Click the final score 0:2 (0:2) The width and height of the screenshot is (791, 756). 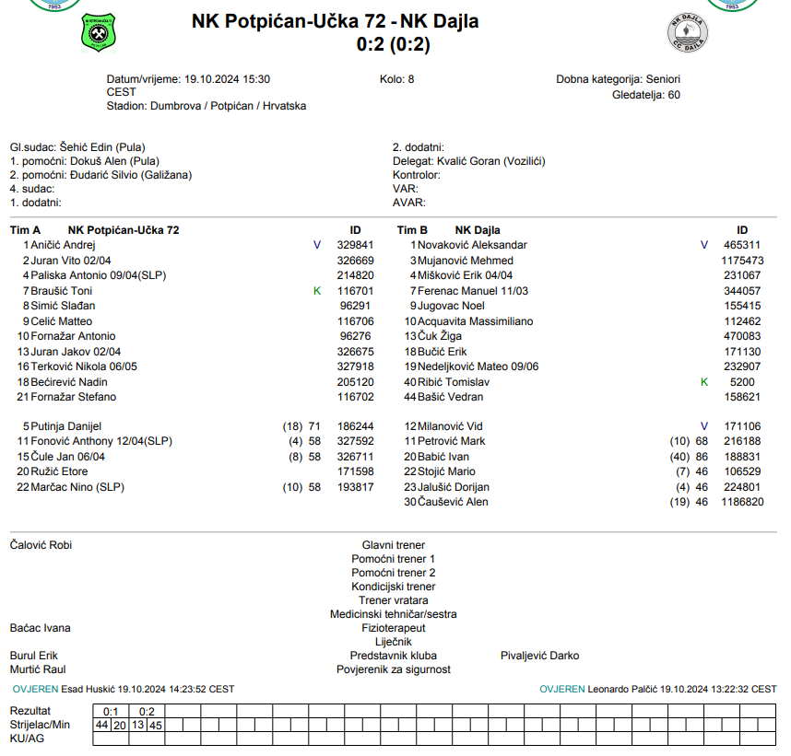coord(393,43)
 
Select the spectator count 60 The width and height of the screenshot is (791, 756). coord(674,94)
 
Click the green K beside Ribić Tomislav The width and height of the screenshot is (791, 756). coord(704,381)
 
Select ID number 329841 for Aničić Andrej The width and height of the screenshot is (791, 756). coord(355,245)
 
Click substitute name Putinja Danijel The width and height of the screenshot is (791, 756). coord(65,426)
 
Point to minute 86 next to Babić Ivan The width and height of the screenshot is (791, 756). coord(702,457)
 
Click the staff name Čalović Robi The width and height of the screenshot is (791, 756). coord(41,545)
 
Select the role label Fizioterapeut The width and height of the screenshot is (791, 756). coord(393,628)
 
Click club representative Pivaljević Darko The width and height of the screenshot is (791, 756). coord(539,656)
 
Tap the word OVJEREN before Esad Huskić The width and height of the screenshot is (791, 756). coord(35,689)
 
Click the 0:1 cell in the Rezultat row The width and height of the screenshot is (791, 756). coord(111,711)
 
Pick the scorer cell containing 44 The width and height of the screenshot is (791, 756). coord(101,725)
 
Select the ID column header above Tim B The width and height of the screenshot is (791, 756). coord(742,230)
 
